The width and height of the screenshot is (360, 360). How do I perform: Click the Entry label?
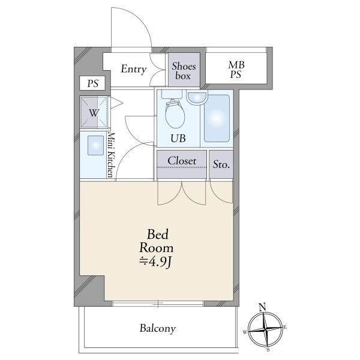point(134,69)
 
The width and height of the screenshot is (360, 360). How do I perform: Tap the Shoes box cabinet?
point(184,70)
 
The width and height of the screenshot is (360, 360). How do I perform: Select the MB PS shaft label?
point(236,70)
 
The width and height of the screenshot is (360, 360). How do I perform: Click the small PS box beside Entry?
point(92,83)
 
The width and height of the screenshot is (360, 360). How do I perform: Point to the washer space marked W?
point(94,112)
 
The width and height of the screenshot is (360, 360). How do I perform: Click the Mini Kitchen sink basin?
point(95,145)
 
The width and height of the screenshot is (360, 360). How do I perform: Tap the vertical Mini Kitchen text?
point(110,155)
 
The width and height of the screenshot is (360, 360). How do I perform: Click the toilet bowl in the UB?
point(175,114)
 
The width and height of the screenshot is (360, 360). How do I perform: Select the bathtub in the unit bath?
point(217,119)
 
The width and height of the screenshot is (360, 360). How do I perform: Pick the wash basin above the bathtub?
point(197,98)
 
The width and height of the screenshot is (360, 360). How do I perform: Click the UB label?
point(178,139)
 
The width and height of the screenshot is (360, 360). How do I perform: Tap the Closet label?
point(182,161)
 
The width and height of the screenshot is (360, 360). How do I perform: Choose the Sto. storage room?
point(221,164)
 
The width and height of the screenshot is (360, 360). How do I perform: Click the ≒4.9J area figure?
point(156,262)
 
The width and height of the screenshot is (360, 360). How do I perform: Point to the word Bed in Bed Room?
point(158,235)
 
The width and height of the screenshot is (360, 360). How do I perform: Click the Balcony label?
point(158,328)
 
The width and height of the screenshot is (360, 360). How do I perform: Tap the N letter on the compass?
point(262,307)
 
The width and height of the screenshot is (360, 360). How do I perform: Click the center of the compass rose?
point(266,329)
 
